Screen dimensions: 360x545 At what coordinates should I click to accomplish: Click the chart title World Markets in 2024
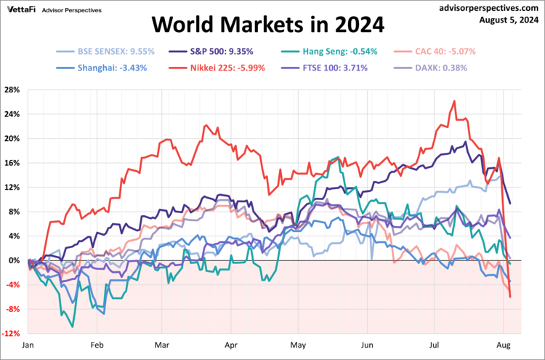click(268, 25)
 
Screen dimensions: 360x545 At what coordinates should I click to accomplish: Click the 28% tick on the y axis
click(12, 90)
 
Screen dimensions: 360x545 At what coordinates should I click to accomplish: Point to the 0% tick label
click(15, 260)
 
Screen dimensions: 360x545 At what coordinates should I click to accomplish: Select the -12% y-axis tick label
click(12, 334)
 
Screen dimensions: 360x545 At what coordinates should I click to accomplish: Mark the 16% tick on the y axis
click(12, 163)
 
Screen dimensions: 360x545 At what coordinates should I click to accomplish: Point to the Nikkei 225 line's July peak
click(454, 101)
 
